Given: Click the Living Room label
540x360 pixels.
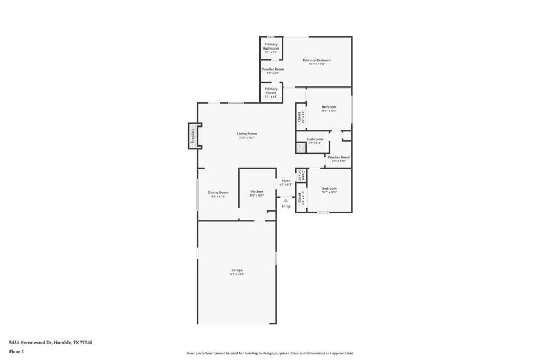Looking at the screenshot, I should click(x=246, y=134).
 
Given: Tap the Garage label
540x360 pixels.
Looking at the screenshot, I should click(x=236, y=270).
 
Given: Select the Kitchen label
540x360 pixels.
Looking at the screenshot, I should click(x=257, y=192).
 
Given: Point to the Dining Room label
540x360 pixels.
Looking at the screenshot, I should click(x=218, y=193).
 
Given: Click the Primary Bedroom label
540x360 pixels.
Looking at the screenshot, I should click(x=317, y=60).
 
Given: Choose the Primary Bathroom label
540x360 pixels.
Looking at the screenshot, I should click(x=271, y=46).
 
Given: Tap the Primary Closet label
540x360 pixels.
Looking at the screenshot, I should click(x=271, y=91).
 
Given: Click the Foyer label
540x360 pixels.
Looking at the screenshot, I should click(x=286, y=181).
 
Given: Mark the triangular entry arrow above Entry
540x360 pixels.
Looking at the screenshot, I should click(x=286, y=200).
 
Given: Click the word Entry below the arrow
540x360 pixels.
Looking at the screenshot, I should click(x=286, y=206).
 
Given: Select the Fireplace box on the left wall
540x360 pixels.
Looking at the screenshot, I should click(x=193, y=136).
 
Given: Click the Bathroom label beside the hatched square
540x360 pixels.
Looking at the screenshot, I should click(x=315, y=139).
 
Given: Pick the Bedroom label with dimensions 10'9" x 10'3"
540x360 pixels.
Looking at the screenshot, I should click(x=329, y=107).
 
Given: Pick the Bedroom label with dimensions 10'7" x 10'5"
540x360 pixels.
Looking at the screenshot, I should click(x=329, y=189).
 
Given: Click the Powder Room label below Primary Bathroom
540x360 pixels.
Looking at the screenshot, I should click(x=273, y=69).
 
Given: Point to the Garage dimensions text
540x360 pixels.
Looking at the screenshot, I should click(x=236, y=274).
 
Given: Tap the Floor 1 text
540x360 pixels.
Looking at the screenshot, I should click(x=16, y=351).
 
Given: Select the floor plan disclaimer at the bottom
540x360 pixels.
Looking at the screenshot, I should click(x=270, y=353).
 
